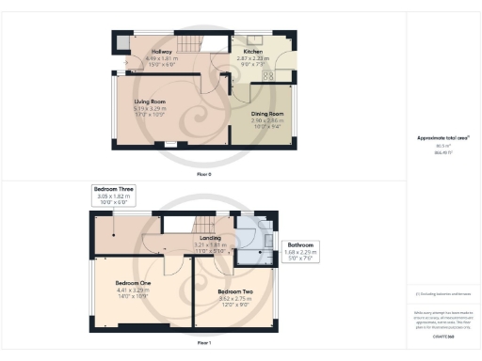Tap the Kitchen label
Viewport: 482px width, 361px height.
(253, 52)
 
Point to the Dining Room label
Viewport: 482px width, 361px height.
(266, 114)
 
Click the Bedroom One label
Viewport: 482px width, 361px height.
(133, 283)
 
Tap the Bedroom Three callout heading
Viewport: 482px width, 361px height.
(113, 189)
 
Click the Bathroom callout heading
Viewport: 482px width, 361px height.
(302, 244)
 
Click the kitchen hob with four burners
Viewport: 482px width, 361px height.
(267, 75)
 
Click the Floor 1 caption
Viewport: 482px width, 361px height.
(203, 344)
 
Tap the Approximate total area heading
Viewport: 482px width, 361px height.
(442, 138)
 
